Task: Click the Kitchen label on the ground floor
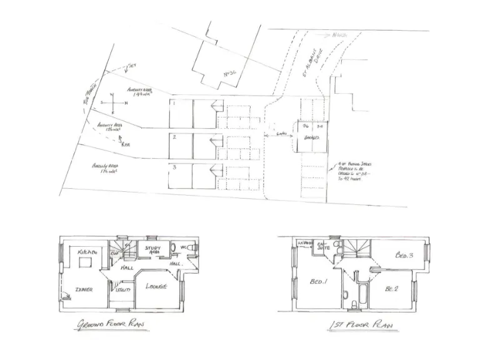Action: coord(87,251)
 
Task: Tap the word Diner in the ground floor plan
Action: coord(84,289)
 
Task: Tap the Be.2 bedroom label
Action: coord(392,288)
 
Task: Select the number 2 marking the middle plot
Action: coord(175,137)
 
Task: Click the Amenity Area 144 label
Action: coord(139,92)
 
